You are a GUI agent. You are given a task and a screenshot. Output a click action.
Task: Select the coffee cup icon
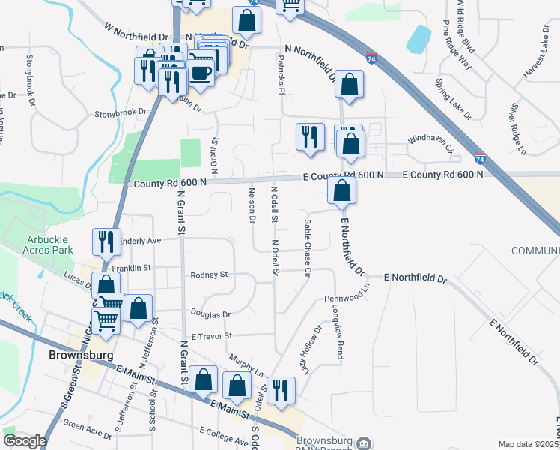200,72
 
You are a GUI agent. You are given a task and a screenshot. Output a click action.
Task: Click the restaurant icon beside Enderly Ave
105,241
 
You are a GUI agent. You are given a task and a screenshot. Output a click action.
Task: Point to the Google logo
25,441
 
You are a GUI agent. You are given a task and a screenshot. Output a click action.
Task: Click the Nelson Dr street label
252,205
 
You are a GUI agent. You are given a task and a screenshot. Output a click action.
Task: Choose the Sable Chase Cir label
307,248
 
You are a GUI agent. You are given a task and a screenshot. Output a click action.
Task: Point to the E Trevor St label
213,336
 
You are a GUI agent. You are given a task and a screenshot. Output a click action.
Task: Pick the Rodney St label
209,275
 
